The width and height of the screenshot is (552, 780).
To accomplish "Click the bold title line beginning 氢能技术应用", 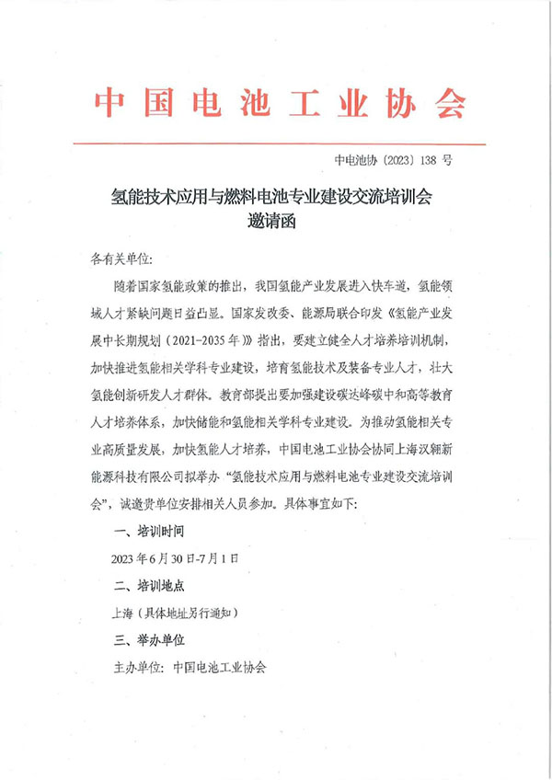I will pyautogui.click(x=277, y=197).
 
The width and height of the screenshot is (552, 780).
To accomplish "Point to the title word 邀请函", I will pyautogui.click(x=276, y=223).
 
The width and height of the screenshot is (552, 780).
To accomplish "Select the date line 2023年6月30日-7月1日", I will pyautogui.click(x=174, y=556).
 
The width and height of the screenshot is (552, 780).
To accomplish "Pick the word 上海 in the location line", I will pyautogui.click(x=121, y=610).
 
